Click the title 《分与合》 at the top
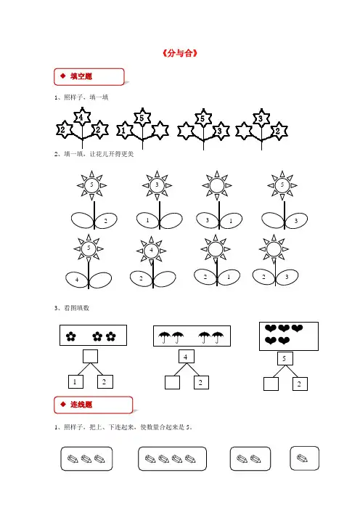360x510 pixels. pos(180,53)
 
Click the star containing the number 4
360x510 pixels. pos(82,117)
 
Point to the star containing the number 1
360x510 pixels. pos(124,131)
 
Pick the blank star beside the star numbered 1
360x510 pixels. pos(160,130)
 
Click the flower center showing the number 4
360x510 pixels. pos(151,251)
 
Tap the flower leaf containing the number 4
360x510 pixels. pos(77,280)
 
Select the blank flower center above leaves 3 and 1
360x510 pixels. pos(217,186)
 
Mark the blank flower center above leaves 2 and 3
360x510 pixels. pos(274,249)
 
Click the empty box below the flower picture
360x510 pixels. pos(90,357)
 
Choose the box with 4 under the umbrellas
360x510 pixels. pos(187,357)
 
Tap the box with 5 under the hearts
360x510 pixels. pos(285,358)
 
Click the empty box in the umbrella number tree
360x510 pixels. pos(172,382)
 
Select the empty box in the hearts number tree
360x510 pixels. pos(271,384)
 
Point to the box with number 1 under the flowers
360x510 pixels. pos(75,381)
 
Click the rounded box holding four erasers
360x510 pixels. pos(172,458)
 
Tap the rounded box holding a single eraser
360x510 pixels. pos(304,458)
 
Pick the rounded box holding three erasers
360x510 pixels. pos(86,458)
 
